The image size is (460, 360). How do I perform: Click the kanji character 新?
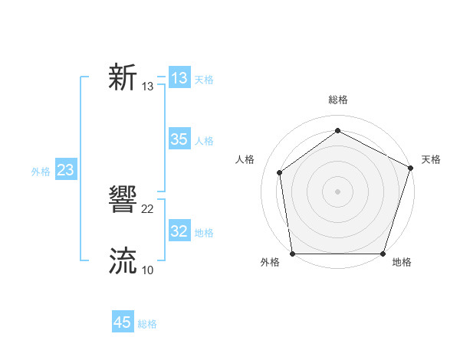click(x=123, y=78)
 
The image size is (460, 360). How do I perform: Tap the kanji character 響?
click(x=123, y=201)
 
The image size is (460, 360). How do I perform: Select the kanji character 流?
click(x=123, y=261)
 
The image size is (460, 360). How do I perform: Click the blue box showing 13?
click(x=179, y=78)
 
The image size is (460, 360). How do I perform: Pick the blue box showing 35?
click(x=179, y=139)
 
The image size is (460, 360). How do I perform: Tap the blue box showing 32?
click(x=179, y=231)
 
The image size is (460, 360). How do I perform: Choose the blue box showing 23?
click(x=65, y=170)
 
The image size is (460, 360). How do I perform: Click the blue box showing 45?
click(x=123, y=322)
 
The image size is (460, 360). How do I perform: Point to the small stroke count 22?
click(x=148, y=209)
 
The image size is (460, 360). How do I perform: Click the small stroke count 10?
click(x=148, y=270)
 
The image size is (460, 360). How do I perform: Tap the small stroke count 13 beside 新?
click(x=148, y=87)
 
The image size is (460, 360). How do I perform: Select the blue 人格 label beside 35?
click(x=204, y=141)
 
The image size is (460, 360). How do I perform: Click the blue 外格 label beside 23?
click(x=41, y=172)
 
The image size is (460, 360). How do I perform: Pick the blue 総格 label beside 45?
click(x=147, y=324)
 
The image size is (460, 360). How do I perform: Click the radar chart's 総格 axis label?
click(x=337, y=100)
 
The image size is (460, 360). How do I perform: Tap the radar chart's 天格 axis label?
click(x=431, y=159)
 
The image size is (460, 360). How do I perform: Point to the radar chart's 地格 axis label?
click(x=401, y=262)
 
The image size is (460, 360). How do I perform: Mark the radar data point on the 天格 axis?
click(x=410, y=168)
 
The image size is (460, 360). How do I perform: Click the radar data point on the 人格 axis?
click(x=280, y=172)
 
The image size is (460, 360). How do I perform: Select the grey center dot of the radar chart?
click(x=337, y=191)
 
